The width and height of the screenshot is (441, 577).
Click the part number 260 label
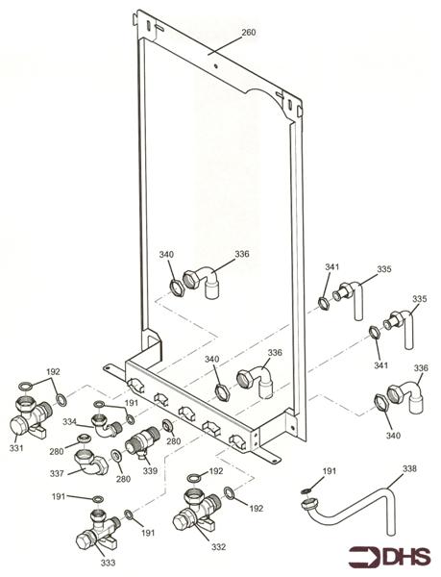[249, 33]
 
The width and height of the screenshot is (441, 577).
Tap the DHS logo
[389, 557]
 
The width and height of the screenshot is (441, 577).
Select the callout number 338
[409, 468]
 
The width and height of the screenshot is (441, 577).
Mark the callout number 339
[150, 470]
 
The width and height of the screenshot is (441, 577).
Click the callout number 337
[57, 473]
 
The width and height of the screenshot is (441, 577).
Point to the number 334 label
[69, 422]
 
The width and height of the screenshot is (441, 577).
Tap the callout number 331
[16, 448]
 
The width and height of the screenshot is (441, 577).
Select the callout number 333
[108, 563]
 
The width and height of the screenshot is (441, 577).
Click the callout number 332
[218, 547]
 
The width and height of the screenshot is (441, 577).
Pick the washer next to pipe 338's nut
[305, 490]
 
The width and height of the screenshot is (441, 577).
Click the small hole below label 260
[216, 66]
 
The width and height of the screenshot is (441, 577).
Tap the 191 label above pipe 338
[330, 471]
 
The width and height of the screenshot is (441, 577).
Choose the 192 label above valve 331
[53, 371]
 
